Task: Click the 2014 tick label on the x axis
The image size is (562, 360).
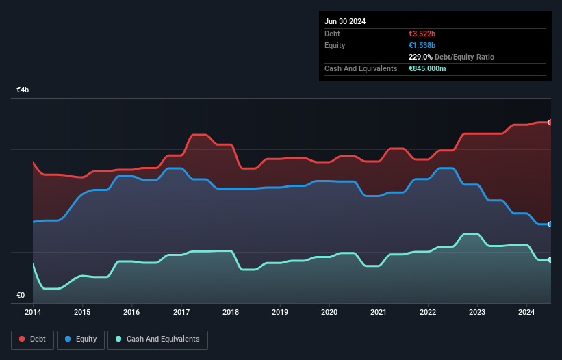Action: (x=33, y=312)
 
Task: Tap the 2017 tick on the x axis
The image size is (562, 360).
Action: (x=181, y=312)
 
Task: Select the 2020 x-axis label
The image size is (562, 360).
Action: (x=329, y=312)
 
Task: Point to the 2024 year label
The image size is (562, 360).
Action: (x=527, y=312)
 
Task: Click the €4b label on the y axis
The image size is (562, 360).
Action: (x=23, y=90)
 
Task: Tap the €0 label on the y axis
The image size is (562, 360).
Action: (x=21, y=296)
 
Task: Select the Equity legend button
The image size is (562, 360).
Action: (x=81, y=339)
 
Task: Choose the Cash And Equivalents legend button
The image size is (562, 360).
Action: (x=157, y=339)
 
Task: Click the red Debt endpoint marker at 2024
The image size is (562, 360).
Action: (x=550, y=123)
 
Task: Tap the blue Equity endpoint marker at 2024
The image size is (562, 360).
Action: (x=550, y=224)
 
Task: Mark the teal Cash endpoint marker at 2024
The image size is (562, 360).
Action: (x=550, y=259)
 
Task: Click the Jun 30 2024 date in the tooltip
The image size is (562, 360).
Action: (x=345, y=21)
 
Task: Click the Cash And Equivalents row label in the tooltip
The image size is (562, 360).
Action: (x=361, y=69)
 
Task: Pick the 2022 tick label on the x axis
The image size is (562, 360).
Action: (x=428, y=312)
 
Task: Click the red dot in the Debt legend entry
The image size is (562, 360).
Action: (x=23, y=339)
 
